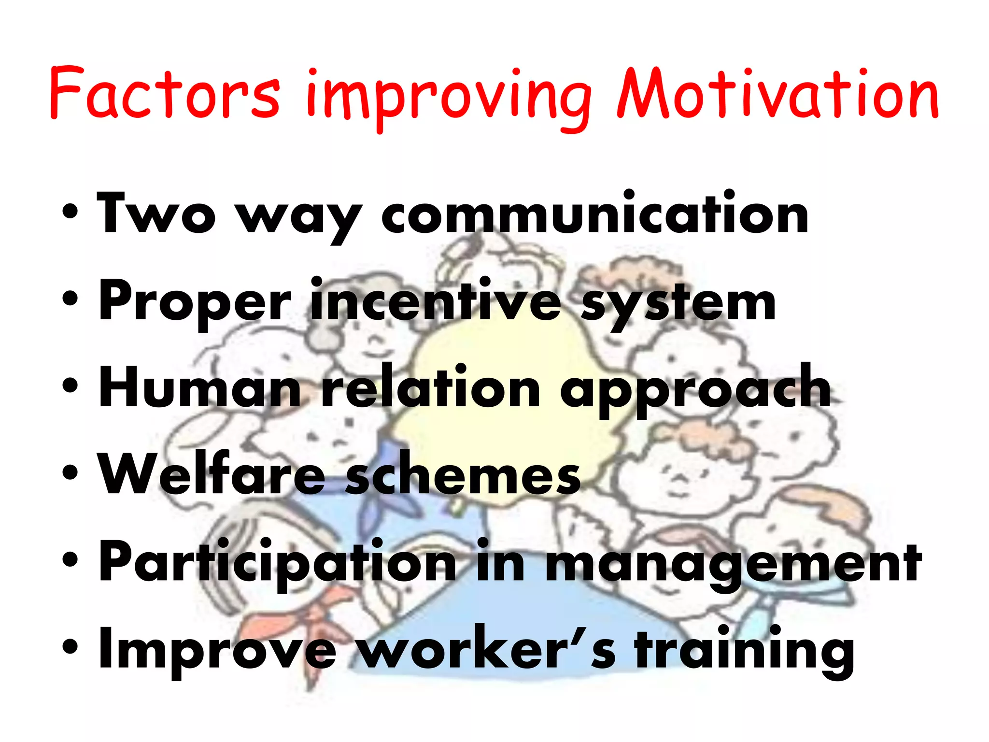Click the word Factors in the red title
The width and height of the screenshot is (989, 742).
pos(164,94)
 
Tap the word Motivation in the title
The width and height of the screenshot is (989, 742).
pos(777,94)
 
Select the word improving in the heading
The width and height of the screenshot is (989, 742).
pos(449,99)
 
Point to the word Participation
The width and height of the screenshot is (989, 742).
pos(278,563)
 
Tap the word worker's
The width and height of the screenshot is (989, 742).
pos(488,650)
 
